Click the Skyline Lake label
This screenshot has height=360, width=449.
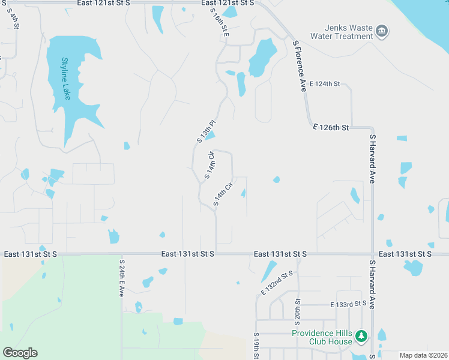(65, 78)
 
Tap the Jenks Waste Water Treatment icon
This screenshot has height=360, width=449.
(382, 31)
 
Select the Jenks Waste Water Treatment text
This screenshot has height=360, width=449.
(341, 32)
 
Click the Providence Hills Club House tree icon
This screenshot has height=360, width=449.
(361, 337)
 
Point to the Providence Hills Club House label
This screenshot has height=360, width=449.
(322, 337)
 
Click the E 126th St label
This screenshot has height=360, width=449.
(331, 127)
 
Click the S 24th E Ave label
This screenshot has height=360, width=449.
(122, 278)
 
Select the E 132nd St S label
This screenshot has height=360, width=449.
(277, 283)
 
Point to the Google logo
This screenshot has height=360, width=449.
(20, 353)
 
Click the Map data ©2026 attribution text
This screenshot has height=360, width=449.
(423, 355)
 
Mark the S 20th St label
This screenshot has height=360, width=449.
(297, 308)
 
